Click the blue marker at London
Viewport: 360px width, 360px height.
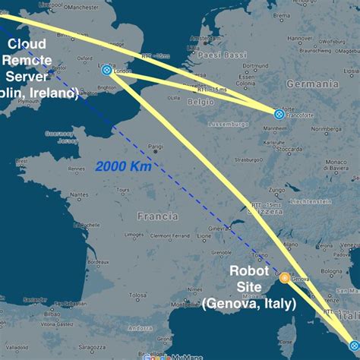tap(106, 71)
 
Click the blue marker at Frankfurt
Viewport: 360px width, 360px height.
tap(279, 114)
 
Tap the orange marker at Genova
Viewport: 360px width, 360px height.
tap(284, 277)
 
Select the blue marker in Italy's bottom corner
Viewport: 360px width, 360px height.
tap(353, 346)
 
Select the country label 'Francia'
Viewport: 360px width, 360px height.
tap(157, 216)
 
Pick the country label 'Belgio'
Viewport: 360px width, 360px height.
tap(201, 100)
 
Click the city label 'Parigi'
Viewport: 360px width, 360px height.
tap(156, 147)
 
